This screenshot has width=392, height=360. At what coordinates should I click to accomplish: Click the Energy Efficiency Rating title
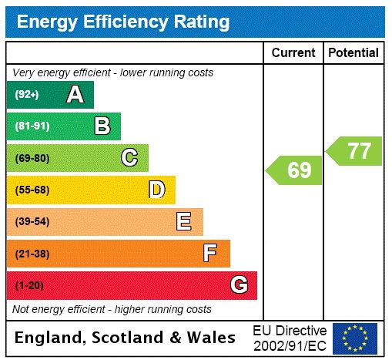(x=123, y=22)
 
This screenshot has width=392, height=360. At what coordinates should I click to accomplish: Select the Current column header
(x=293, y=53)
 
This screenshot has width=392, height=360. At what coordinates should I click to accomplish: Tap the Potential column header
(x=353, y=53)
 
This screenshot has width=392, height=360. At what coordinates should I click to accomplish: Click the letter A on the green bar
(x=75, y=95)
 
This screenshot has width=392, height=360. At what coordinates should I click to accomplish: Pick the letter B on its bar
(x=102, y=126)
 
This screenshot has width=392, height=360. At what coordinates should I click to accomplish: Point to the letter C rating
(x=129, y=158)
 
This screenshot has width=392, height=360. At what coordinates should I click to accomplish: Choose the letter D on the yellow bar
(x=157, y=190)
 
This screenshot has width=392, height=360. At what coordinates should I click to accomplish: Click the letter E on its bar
(x=184, y=222)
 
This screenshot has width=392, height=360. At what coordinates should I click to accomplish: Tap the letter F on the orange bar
(x=210, y=253)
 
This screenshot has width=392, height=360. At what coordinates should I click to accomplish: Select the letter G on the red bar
(x=240, y=285)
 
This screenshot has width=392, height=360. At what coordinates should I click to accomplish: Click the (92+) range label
(x=27, y=95)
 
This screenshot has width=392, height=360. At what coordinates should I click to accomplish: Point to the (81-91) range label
(x=32, y=126)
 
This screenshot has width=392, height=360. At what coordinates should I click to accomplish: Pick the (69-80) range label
(x=32, y=158)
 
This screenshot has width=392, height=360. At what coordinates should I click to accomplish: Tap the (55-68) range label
(x=32, y=190)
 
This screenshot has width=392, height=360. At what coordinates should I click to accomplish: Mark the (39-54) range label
(x=32, y=222)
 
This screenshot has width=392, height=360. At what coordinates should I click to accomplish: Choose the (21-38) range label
(x=32, y=253)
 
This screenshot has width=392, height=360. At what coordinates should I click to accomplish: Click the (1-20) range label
(x=29, y=285)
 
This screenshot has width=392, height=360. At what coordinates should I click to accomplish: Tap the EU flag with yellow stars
(x=355, y=337)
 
